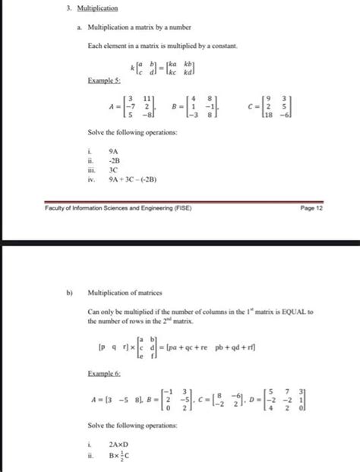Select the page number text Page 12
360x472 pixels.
click(312, 204)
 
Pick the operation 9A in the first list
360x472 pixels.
click(115, 151)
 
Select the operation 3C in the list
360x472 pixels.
click(115, 171)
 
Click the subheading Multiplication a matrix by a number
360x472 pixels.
click(131, 28)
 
